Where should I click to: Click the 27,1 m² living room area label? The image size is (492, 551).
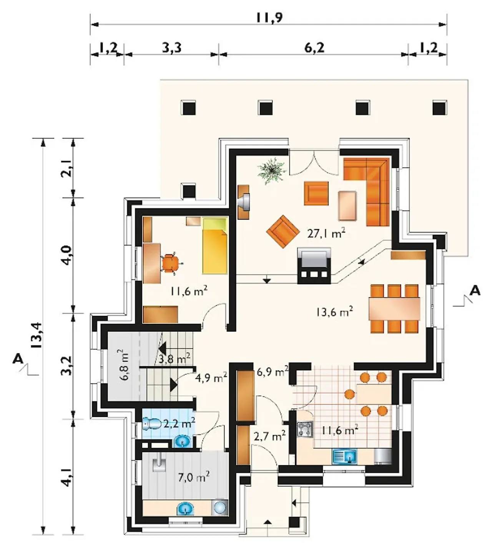326,233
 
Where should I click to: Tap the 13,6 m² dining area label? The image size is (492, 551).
334,312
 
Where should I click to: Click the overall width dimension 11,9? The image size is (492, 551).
269,17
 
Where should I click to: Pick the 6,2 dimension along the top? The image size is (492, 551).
314,48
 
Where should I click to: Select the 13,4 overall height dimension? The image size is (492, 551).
37,335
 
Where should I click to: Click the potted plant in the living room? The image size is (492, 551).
272,171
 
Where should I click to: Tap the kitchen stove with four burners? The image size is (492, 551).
305,429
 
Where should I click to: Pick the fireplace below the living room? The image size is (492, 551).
314,266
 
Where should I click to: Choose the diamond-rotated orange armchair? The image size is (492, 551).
283,231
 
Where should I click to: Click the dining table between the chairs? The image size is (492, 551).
394,309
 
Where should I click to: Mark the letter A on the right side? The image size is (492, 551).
475,291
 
